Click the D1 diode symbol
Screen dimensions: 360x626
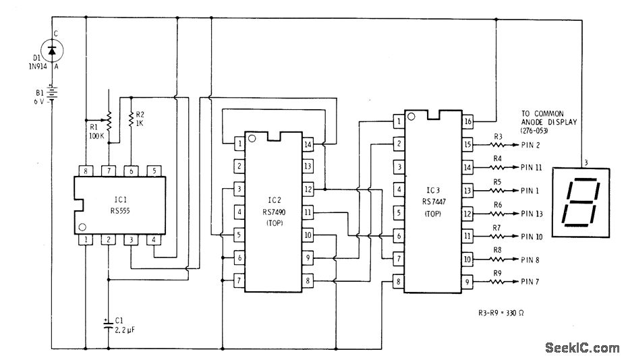tap(53, 49)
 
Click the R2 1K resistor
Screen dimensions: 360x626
tap(130, 120)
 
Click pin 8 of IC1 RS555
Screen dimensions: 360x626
tap(86, 170)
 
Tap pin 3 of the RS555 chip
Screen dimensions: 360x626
tap(131, 239)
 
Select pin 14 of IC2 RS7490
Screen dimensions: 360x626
tap(308, 144)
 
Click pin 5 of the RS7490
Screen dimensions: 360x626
tap(239, 235)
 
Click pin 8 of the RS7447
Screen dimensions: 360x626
tap(398, 282)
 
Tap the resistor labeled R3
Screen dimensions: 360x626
tap(498, 144)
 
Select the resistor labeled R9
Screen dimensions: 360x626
tap(498, 282)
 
